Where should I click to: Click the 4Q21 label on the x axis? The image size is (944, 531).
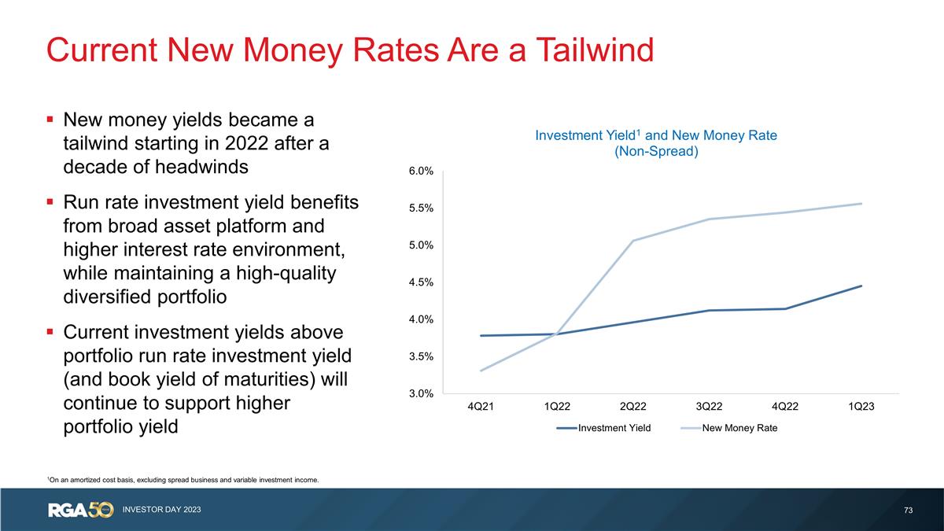pos(481,407)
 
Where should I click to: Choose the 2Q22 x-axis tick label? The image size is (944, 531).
pos(632,407)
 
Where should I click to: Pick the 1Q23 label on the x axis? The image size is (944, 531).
pos(861,407)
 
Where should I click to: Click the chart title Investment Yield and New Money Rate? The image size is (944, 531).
pos(656,135)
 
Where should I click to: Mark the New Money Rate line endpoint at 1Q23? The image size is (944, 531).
pos(861,204)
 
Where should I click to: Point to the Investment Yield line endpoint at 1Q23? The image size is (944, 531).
pos(861,286)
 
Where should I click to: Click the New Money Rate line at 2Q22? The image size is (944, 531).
pos(632,241)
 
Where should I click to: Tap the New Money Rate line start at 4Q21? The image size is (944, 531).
pos(481,371)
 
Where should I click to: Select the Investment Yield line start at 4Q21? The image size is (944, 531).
pos(481,336)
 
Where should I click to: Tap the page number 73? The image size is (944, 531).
pos(909,511)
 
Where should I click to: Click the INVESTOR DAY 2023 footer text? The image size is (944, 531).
pos(161,511)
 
